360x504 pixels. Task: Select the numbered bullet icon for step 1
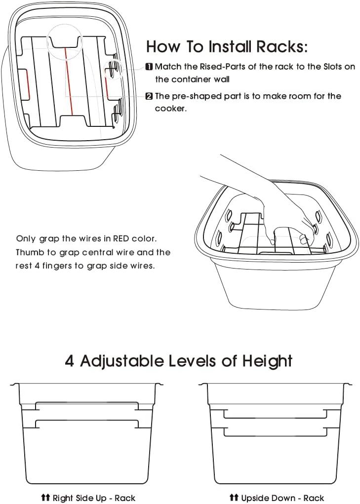click(149, 67)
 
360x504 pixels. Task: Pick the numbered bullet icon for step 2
click(149, 96)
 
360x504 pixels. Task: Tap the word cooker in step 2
click(170, 109)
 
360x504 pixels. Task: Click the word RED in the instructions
click(122, 239)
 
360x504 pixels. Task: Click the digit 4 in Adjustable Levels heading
click(70, 361)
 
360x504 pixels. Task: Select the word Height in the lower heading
click(267, 361)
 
